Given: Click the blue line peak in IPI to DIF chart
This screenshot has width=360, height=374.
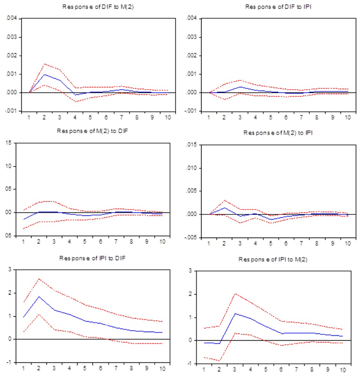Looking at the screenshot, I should [38, 297].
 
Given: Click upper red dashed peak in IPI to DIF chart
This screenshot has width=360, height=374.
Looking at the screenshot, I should [38, 278].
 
